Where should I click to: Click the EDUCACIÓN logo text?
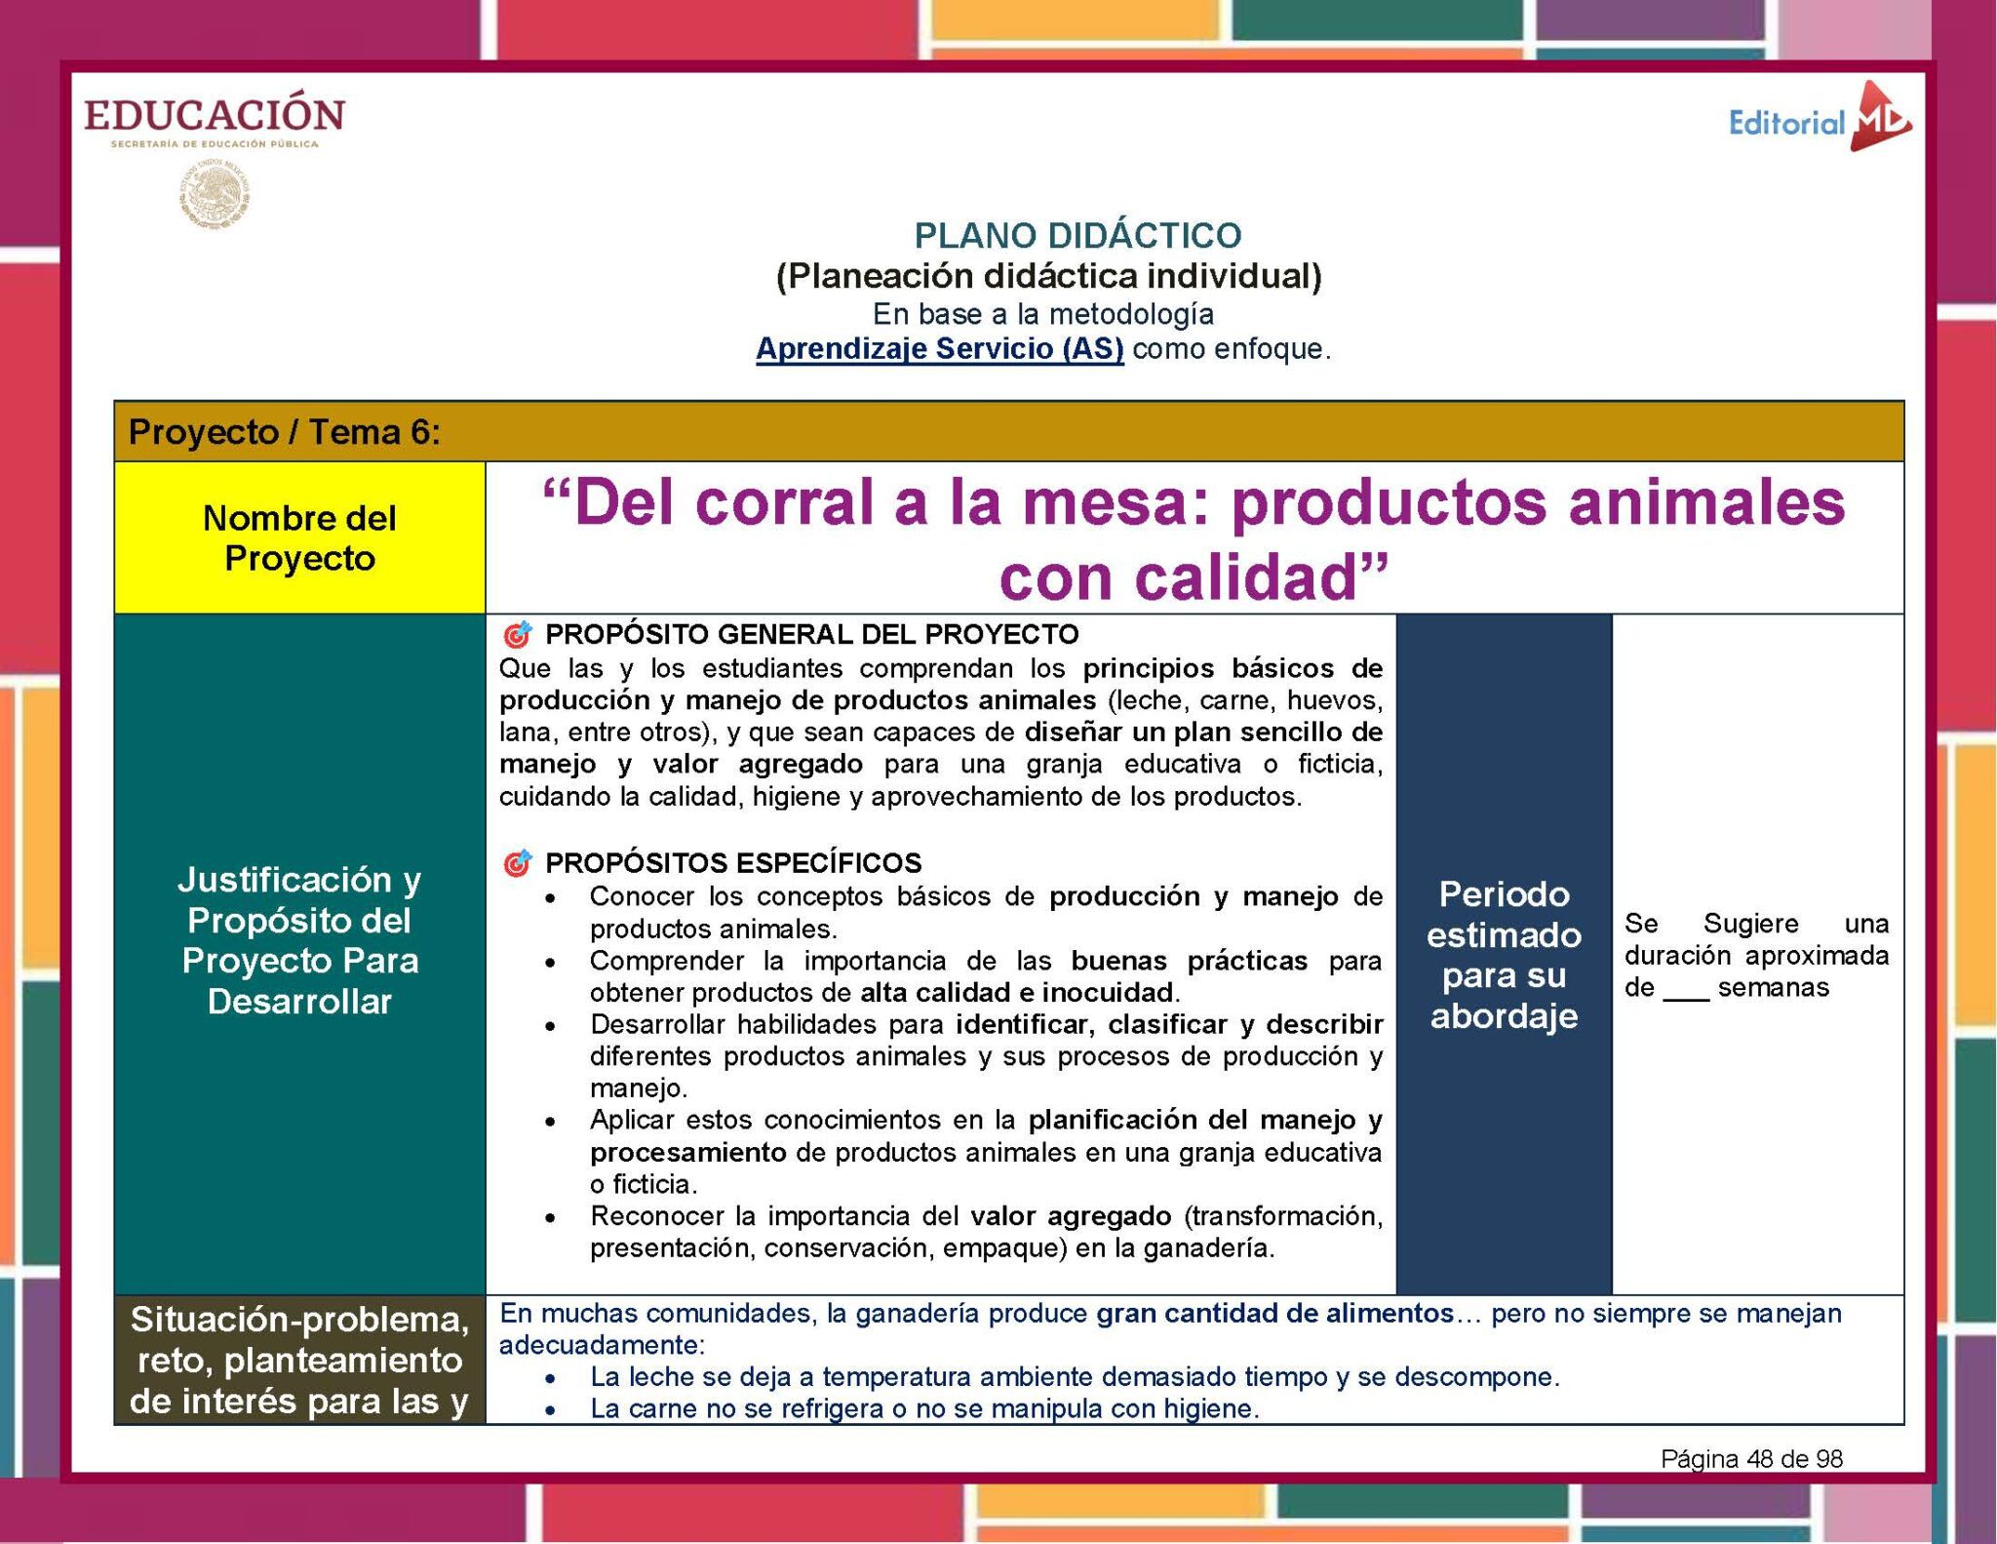pyautogui.click(x=215, y=115)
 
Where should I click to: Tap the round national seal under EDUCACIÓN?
pyautogui.click(x=215, y=195)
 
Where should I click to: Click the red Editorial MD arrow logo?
pyautogui.click(x=1881, y=118)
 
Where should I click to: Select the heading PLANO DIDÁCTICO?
pyautogui.click(x=1077, y=235)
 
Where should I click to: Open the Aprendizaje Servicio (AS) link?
pyautogui.click(x=939, y=348)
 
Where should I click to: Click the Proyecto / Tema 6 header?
pyautogui.click(x=285, y=432)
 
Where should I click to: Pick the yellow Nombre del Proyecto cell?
pyautogui.click(x=299, y=537)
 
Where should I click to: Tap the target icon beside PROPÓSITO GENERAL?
pyautogui.click(x=517, y=635)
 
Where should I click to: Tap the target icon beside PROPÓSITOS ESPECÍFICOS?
pyautogui.click(x=517, y=863)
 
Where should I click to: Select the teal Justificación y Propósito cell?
pyautogui.click(x=299, y=940)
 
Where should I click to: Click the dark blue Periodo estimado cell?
pyautogui.click(x=1504, y=954)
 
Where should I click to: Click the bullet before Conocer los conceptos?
pyautogui.click(x=552, y=898)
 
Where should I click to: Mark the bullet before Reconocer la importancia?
pyautogui.click(x=552, y=1218)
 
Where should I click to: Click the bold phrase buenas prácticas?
pyautogui.click(x=1189, y=961)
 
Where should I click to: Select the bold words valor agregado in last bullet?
pyautogui.click(x=1071, y=1216)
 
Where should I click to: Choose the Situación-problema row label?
pyautogui.click(x=299, y=1360)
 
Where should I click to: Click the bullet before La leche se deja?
pyautogui.click(x=552, y=1379)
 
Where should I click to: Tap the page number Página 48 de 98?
pyautogui.click(x=1751, y=1459)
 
